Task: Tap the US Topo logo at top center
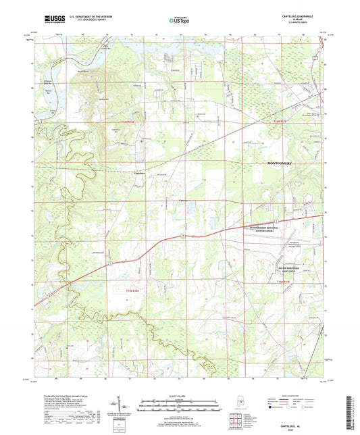[178, 21]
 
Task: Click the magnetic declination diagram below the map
[126, 407]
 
